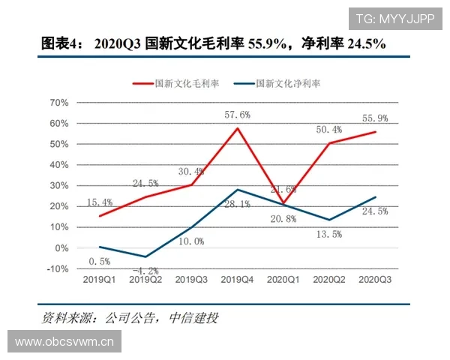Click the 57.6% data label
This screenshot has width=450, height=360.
[x=237, y=115]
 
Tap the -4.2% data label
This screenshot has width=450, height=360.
[x=145, y=270]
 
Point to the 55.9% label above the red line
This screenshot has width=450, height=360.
[x=376, y=118]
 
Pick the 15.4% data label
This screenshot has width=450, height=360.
[x=99, y=202]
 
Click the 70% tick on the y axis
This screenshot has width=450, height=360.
[x=58, y=102]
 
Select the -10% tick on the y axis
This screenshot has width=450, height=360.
[x=57, y=268]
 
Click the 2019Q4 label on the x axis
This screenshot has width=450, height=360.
[x=238, y=279]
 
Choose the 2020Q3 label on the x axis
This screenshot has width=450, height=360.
[x=376, y=279]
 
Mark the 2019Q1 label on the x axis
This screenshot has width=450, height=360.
[x=99, y=279]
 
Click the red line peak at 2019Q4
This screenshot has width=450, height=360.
[x=238, y=128]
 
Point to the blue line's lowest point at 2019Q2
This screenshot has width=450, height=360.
[x=145, y=256]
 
